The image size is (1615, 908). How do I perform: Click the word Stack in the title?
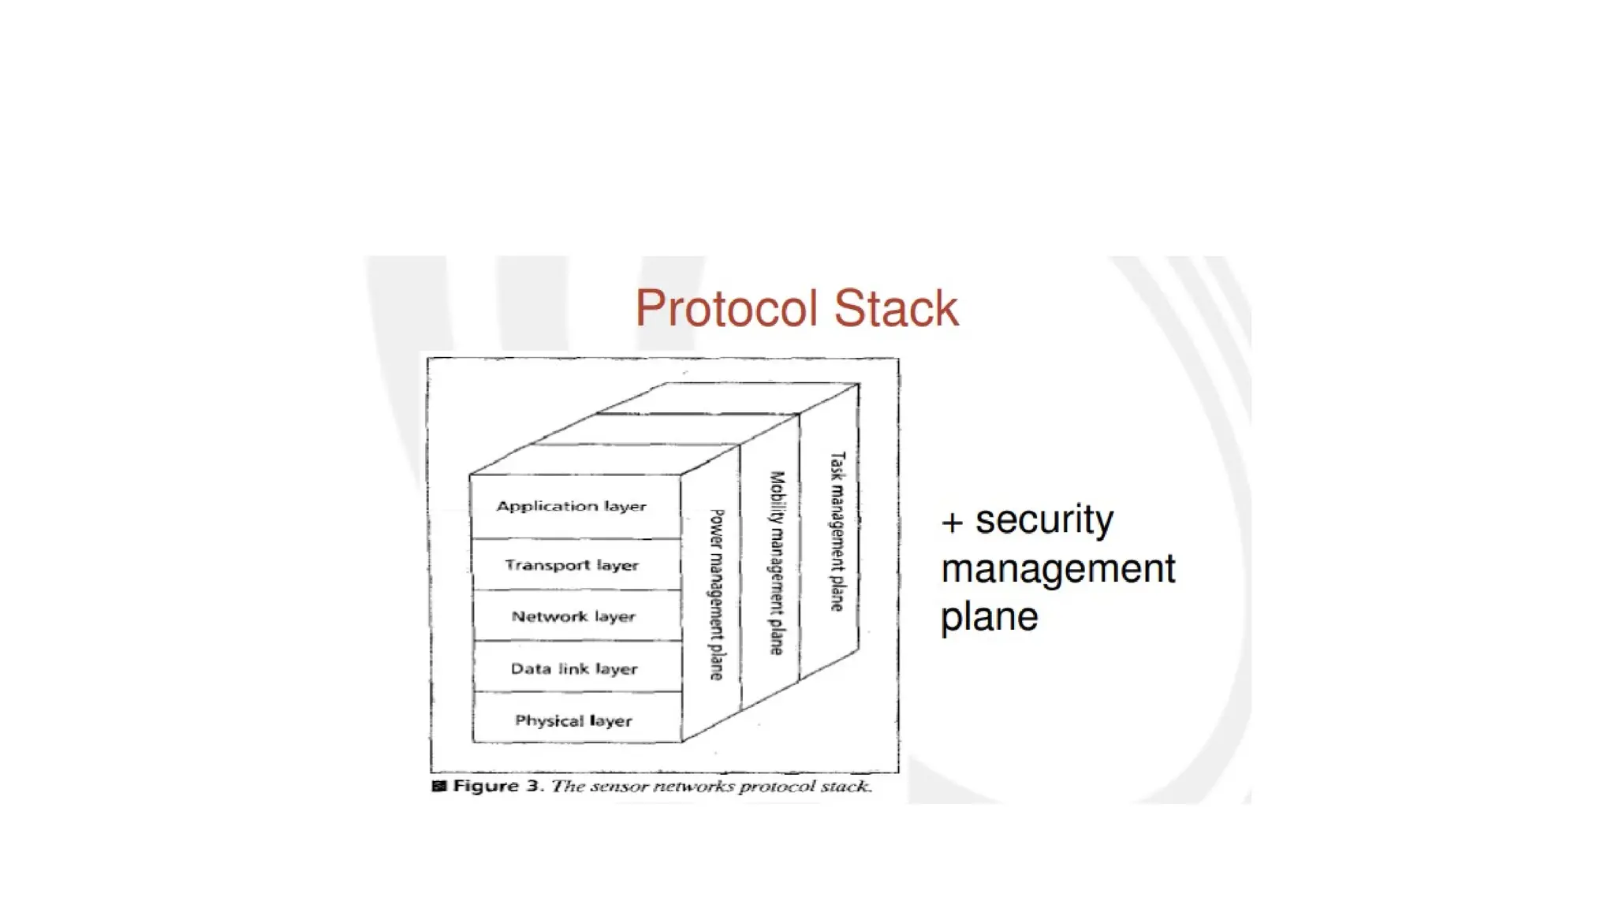(x=896, y=308)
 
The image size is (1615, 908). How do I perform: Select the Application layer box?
(x=572, y=506)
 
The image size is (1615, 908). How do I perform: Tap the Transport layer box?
(x=572, y=565)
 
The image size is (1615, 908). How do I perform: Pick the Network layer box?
(x=573, y=616)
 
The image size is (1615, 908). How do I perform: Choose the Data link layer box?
(x=574, y=668)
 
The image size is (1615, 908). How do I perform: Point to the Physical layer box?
(x=573, y=720)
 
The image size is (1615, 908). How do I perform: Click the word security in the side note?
(x=1044, y=519)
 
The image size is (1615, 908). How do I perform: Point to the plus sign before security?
(x=952, y=523)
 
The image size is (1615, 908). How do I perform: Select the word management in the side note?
(x=1057, y=568)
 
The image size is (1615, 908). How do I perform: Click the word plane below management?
(x=989, y=616)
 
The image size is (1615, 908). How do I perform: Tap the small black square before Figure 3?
(x=439, y=786)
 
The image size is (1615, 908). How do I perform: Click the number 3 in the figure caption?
(x=533, y=786)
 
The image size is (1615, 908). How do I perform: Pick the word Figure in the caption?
(x=485, y=786)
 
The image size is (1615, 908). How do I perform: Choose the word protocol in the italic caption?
(x=777, y=787)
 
